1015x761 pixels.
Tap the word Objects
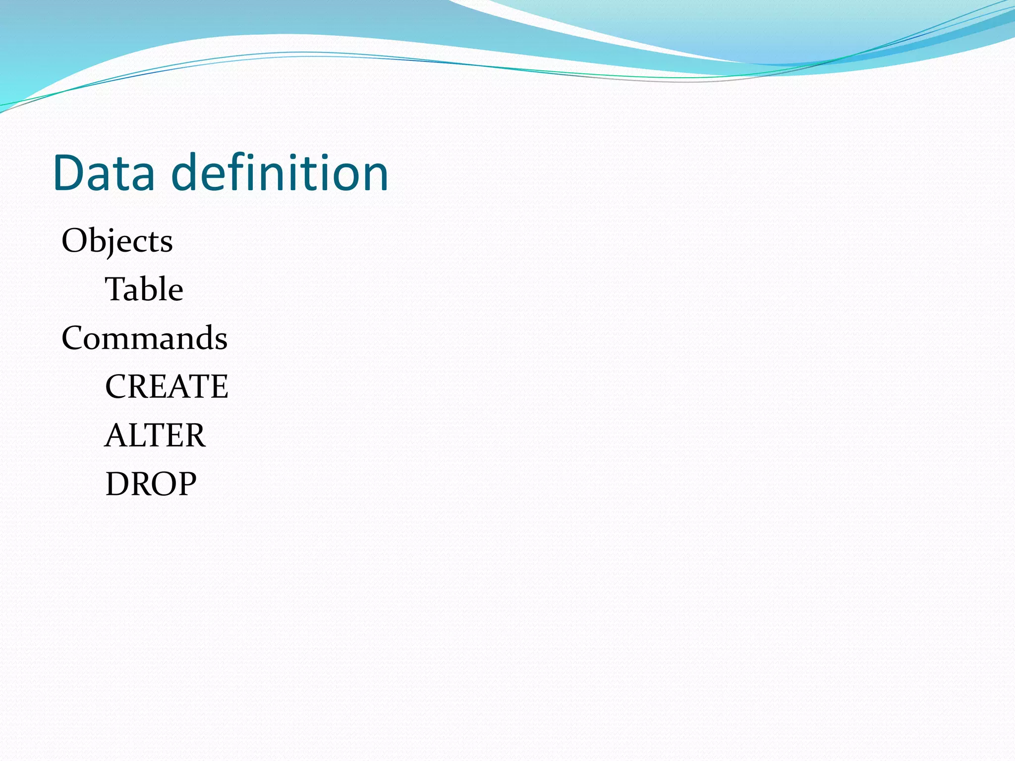point(117,241)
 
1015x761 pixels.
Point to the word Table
point(144,289)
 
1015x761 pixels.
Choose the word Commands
point(144,338)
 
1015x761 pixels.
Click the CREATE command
point(167,386)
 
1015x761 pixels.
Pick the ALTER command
point(155,435)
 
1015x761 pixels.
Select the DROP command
point(151,484)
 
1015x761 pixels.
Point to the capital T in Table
point(115,289)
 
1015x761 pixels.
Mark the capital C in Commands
point(73,338)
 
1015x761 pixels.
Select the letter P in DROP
point(185,484)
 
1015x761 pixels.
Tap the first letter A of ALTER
point(116,435)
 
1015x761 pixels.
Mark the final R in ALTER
point(194,435)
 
